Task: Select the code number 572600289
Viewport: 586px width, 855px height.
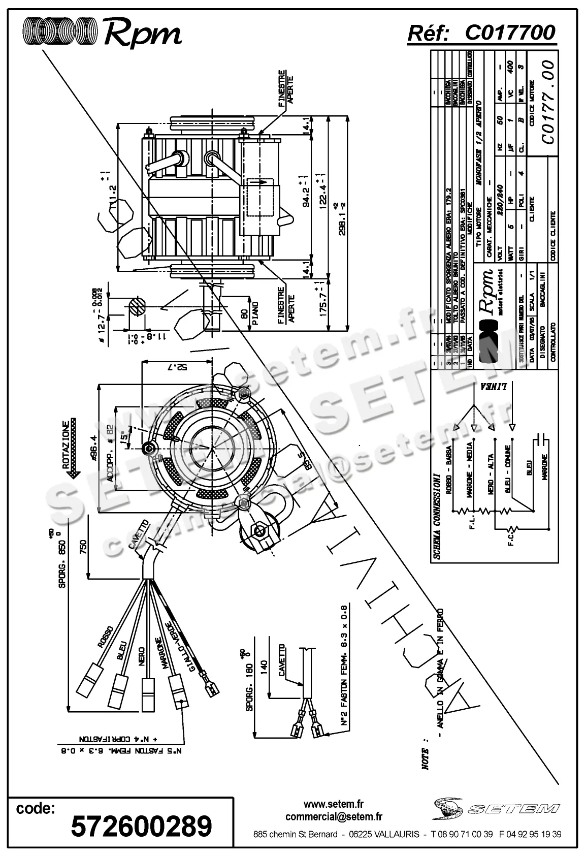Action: click(141, 826)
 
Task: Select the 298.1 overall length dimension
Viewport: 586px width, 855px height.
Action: click(342, 218)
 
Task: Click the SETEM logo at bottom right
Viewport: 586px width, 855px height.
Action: click(496, 808)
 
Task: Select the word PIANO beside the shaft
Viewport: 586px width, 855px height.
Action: click(255, 315)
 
